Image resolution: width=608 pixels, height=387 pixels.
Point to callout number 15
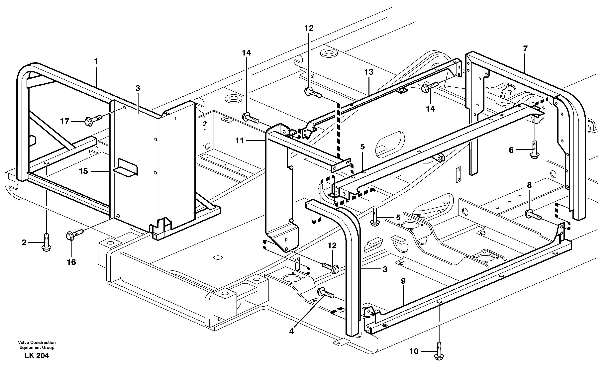click(x=83, y=171)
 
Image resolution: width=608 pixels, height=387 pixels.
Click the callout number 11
click(x=239, y=141)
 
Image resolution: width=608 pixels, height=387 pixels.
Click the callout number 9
click(x=403, y=281)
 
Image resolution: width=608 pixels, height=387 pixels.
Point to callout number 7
click(x=525, y=48)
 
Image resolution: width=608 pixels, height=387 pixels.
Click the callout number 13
click(x=369, y=72)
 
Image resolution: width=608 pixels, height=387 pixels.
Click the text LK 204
click(x=37, y=356)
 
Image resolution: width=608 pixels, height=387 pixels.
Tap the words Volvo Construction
click(x=37, y=342)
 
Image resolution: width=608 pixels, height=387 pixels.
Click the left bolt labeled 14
click(x=250, y=117)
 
